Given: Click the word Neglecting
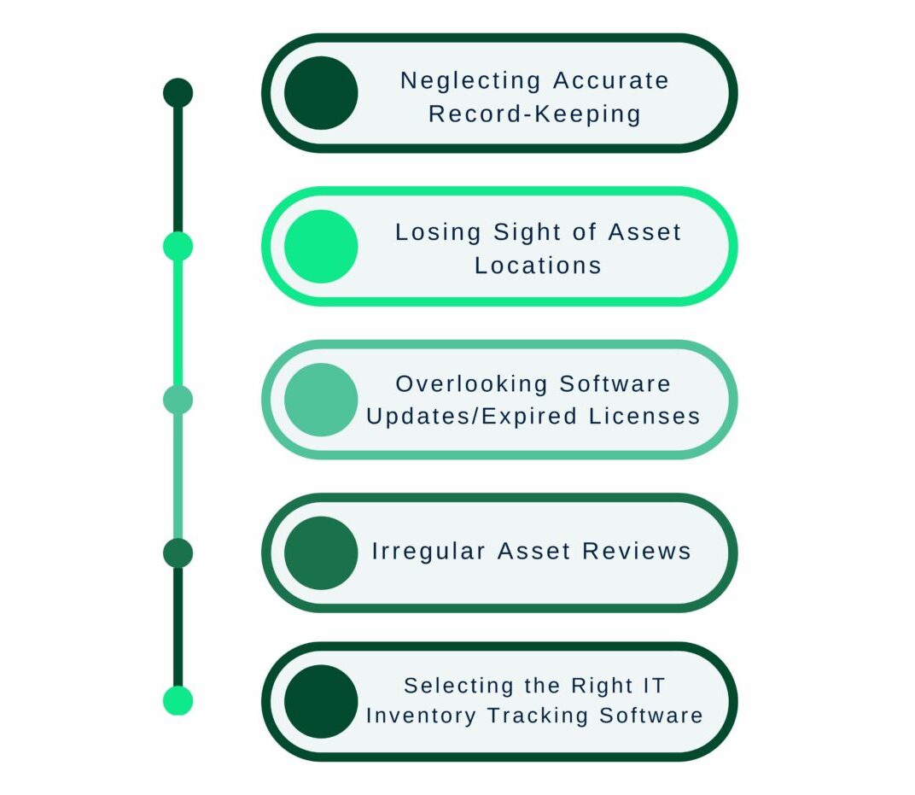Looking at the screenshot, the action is (470, 81).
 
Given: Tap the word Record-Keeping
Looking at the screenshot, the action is (534, 114).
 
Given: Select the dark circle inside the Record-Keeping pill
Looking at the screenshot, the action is (321, 93).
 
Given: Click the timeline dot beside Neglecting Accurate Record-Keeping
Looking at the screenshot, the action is (178, 93).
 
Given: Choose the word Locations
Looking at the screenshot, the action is (538, 266).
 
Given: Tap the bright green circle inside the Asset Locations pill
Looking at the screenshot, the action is (321, 246).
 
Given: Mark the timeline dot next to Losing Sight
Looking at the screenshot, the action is (178, 246).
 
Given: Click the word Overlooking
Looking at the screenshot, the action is (472, 384).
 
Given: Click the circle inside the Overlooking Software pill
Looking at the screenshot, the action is (321, 400).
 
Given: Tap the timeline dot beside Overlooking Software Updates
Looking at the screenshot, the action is (178, 399).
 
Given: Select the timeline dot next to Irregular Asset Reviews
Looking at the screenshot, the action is (178, 553).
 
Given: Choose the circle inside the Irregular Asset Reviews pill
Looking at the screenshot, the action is (321, 552).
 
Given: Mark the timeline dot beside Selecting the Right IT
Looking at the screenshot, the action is (178, 701).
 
